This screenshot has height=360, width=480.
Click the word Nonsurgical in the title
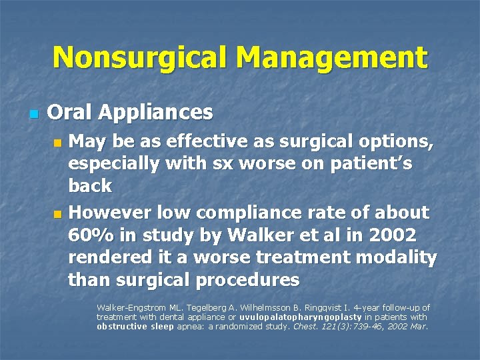click(142, 57)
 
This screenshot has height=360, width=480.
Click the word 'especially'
click(117, 164)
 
